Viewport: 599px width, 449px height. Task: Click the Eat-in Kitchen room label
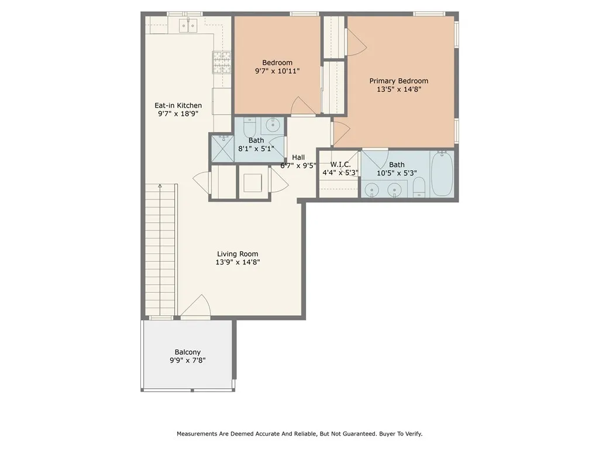(x=178, y=105)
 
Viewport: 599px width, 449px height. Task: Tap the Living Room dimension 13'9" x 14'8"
(x=237, y=263)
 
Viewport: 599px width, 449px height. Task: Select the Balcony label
(x=188, y=353)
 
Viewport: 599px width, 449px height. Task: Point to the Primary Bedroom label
(x=399, y=81)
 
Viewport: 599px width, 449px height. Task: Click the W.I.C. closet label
(x=340, y=164)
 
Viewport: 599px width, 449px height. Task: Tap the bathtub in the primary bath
(x=442, y=174)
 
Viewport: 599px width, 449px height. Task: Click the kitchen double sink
(x=188, y=26)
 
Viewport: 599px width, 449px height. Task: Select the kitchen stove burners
(x=222, y=62)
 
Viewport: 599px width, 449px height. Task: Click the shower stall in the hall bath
(x=222, y=147)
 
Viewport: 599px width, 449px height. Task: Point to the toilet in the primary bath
(x=419, y=187)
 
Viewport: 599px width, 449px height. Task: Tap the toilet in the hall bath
(x=249, y=125)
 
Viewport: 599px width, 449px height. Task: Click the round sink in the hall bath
(x=273, y=125)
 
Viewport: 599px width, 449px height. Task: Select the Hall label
(x=298, y=157)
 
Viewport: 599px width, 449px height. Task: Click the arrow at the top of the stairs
(x=160, y=186)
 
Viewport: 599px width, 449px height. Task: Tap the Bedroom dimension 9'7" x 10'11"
(x=277, y=71)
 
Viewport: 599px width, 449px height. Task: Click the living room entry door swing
(x=195, y=305)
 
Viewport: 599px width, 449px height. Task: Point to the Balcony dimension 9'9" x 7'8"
(x=188, y=360)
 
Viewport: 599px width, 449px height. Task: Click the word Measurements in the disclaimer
(x=197, y=434)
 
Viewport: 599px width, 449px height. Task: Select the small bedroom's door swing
(x=303, y=106)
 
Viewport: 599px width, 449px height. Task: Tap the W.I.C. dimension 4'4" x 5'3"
(x=340, y=172)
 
